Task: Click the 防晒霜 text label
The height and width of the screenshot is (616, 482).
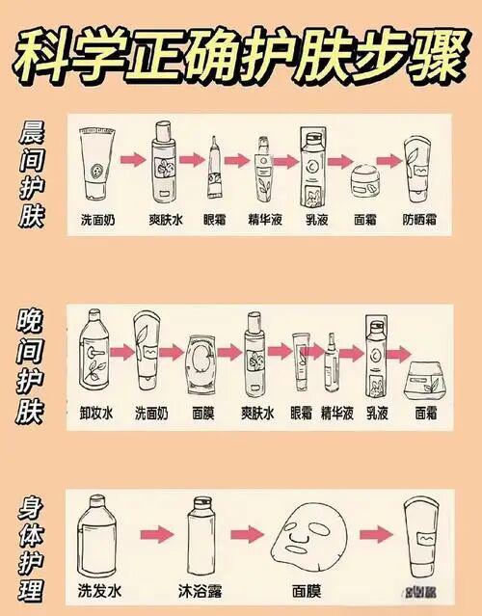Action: [421, 220]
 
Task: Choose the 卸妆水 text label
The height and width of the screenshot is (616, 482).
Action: [97, 412]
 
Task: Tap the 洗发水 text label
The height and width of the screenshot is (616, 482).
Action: [97, 587]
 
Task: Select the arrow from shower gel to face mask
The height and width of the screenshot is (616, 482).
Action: [251, 533]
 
